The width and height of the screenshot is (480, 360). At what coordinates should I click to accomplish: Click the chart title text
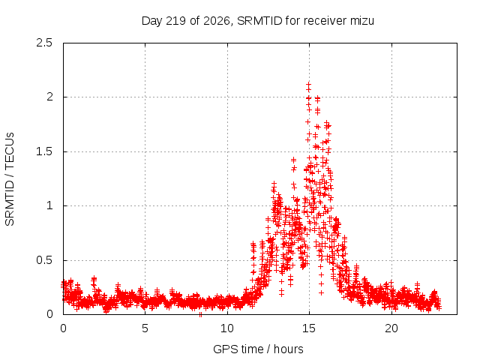coord(258,21)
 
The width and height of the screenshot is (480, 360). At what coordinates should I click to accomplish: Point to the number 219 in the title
coord(175,21)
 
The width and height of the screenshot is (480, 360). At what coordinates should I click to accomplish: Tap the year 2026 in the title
coord(217,21)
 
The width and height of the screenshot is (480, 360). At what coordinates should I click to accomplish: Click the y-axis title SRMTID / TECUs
coord(10,179)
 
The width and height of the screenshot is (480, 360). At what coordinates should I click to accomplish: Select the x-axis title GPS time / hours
coord(258,349)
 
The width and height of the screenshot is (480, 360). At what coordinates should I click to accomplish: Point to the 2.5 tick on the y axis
coord(44,43)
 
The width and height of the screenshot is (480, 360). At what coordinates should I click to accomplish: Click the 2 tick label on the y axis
coord(49,97)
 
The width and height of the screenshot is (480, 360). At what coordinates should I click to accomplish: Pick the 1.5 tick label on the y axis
coord(44,151)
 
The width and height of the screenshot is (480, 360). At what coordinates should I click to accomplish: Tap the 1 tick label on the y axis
coord(49,205)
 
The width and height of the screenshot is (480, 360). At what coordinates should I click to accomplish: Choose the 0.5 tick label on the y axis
coord(44,260)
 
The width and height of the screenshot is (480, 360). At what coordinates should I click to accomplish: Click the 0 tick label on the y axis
coord(49,314)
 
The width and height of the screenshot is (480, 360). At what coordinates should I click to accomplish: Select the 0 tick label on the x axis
coord(63,328)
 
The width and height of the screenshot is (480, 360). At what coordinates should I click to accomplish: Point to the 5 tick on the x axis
coord(145,328)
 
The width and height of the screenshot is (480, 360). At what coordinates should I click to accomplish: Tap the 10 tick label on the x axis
coord(227,328)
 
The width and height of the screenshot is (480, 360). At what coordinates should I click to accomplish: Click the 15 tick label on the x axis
coord(309,328)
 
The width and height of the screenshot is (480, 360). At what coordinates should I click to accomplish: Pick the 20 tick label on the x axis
coord(391,328)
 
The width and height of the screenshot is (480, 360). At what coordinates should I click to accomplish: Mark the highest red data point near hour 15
coord(308,83)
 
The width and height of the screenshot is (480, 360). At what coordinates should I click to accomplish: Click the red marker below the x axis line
coord(200,315)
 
